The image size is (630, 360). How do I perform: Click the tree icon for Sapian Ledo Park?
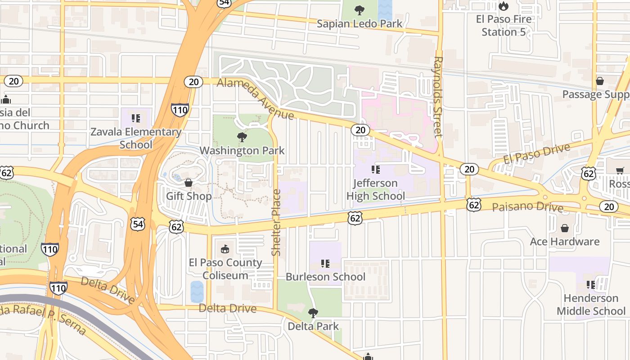(x=359, y=10)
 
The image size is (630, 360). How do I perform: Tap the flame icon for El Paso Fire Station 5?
(x=503, y=6)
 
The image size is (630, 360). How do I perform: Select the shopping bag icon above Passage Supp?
(x=599, y=81)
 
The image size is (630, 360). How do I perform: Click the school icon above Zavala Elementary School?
(x=135, y=118)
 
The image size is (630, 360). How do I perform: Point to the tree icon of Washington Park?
(x=242, y=137)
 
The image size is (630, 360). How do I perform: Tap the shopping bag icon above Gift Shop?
(x=189, y=183)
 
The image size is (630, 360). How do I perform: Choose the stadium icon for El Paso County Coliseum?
(x=225, y=249)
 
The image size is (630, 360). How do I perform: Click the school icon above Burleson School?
(x=325, y=263)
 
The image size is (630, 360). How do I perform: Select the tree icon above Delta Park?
(x=313, y=313)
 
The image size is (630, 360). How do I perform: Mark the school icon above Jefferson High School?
(x=375, y=170)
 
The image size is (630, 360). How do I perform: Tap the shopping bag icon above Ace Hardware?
(x=565, y=228)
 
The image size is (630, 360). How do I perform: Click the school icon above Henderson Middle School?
(x=591, y=285)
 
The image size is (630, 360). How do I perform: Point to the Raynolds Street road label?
(x=438, y=96)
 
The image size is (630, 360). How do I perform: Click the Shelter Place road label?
(x=276, y=222)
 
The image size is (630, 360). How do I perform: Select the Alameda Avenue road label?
(x=255, y=99)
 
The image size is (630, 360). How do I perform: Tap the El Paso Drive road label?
(x=536, y=153)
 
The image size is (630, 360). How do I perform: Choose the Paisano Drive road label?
(x=527, y=207)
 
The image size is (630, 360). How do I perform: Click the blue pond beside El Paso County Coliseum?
(x=197, y=292)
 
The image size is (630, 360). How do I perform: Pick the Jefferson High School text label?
(x=375, y=189)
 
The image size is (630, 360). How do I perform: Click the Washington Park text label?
(x=242, y=150)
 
